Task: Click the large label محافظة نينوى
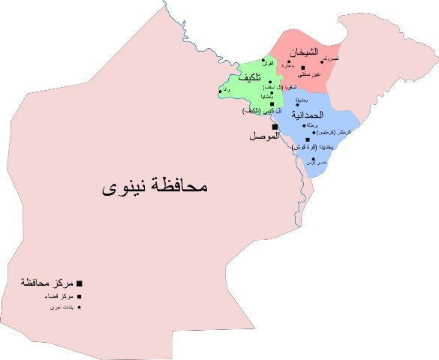[154, 186]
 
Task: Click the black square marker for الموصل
[275, 126]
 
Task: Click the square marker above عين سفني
[303, 67]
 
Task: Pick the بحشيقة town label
[299, 99]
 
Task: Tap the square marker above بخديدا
[308, 139]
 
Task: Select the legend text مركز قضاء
[56, 295]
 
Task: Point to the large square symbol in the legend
[80, 283]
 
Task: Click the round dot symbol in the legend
[80, 307]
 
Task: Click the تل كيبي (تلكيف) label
[257, 111]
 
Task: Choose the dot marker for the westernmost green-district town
[221, 91]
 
